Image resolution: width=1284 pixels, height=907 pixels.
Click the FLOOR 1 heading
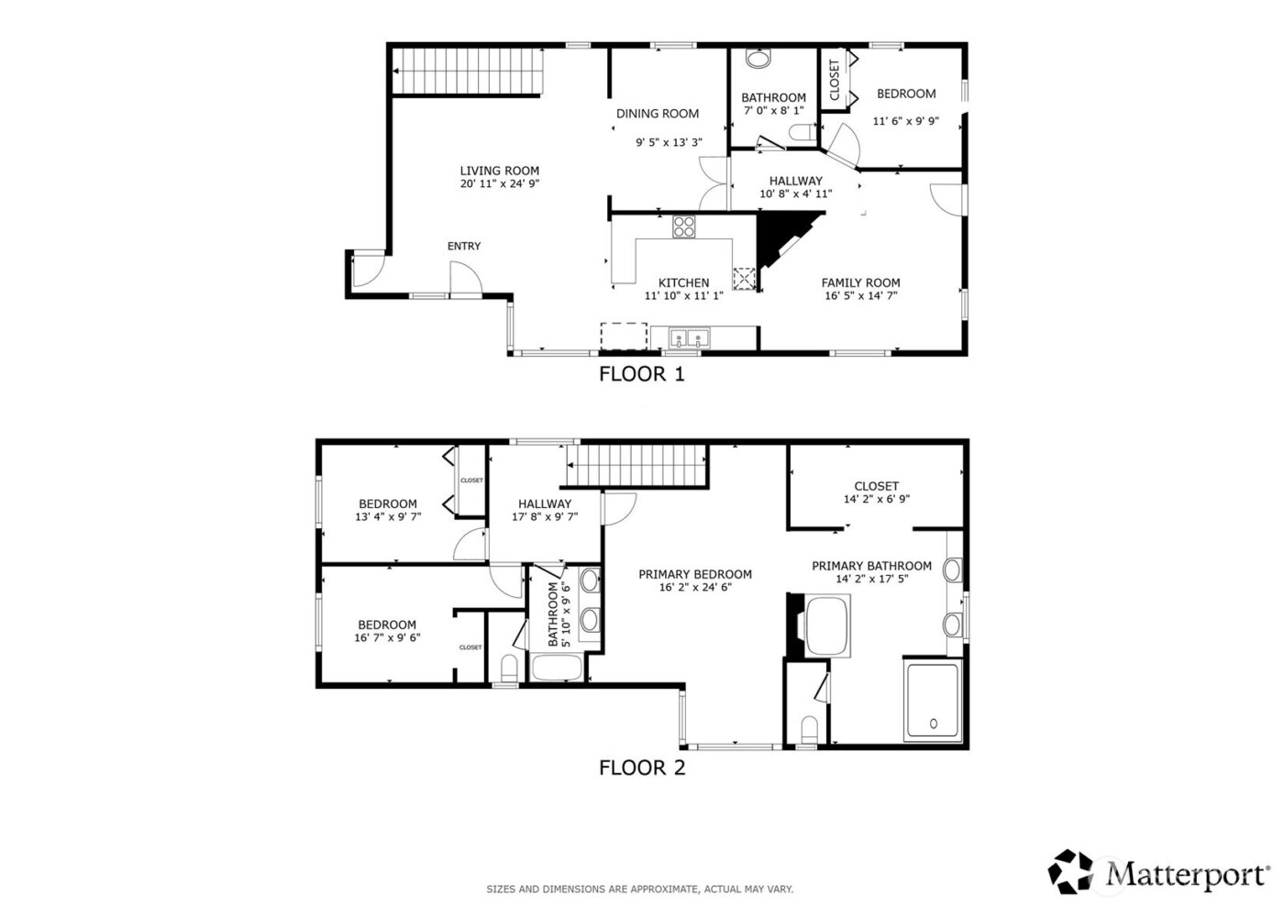pos(641,374)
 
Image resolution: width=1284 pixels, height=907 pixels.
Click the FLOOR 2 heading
pos(641,768)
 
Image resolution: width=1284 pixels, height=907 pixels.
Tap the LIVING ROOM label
pos(499,171)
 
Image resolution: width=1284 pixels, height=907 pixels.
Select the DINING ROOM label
pos(657,114)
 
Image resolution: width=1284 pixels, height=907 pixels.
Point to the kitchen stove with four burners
pos(684,226)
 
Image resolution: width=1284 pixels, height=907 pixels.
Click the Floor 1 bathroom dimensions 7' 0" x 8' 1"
pos(773,111)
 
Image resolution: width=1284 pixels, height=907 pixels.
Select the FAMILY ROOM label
pos(860,282)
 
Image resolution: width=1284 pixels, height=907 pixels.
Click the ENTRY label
pos(463,246)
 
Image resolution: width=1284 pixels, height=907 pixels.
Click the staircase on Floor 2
pos(637,466)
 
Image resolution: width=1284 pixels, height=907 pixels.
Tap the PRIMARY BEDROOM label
pos(695,574)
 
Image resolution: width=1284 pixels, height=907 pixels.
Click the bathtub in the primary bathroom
pos(828,625)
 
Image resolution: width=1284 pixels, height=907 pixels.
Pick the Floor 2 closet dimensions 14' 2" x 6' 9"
pos(876,500)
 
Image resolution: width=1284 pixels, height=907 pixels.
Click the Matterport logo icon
pos(1073,872)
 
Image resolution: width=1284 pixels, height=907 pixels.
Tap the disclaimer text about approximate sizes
pos(639,889)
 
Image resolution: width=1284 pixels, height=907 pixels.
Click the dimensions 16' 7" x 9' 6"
pos(387,638)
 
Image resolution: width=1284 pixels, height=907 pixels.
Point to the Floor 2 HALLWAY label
pos(544,503)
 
